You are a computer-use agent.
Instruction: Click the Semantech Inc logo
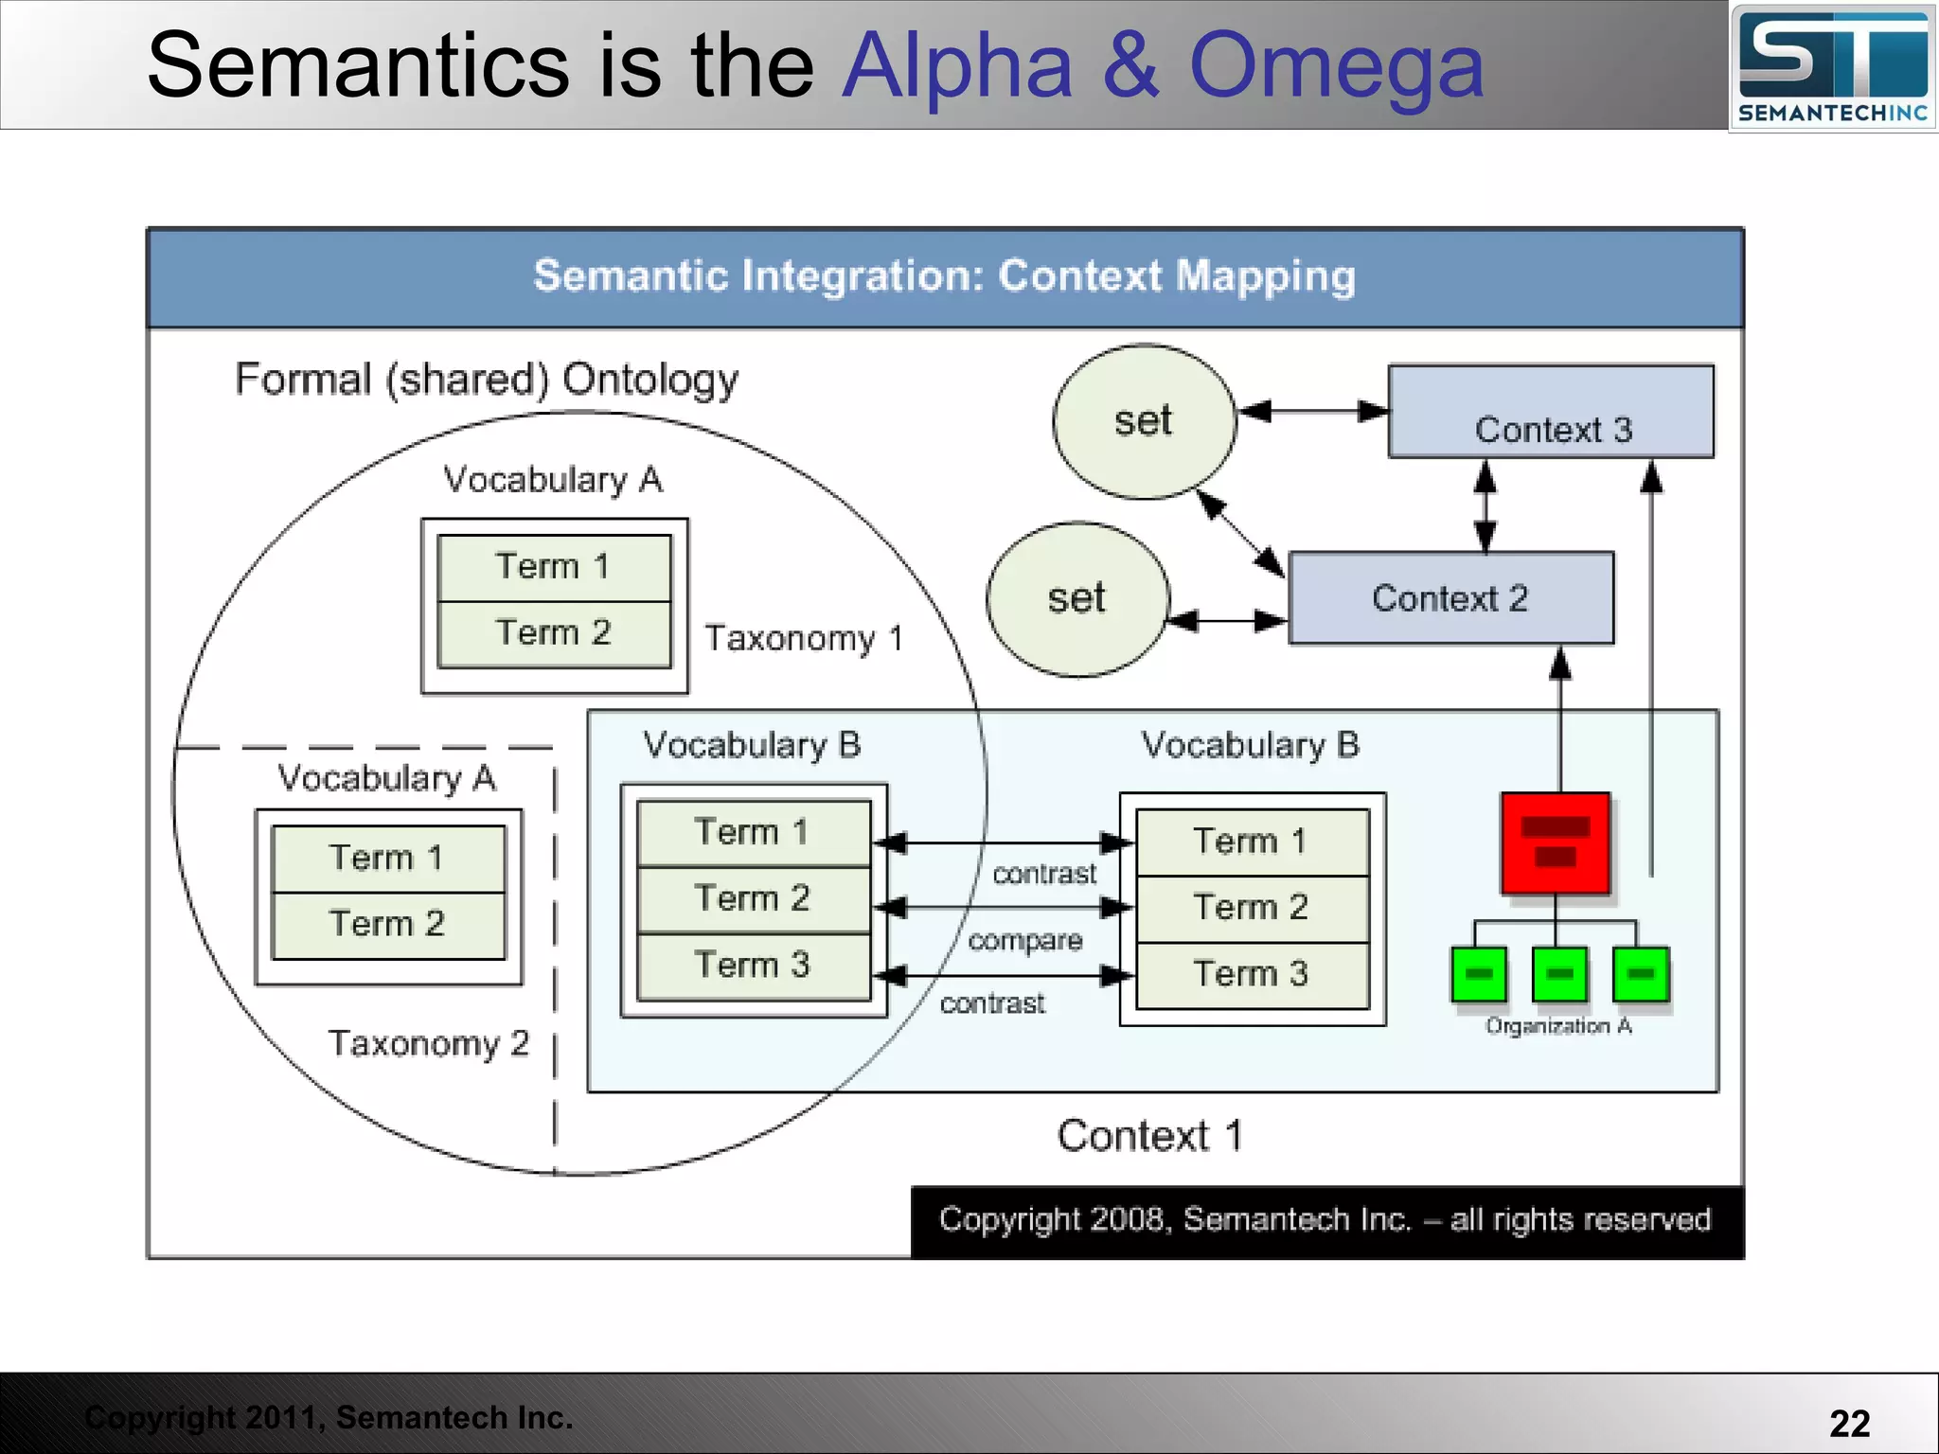pos(1832,66)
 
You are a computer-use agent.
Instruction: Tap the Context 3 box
pos(1550,412)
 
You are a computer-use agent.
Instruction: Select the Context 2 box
pos(1450,598)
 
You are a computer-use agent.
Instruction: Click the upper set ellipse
pos(1144,421)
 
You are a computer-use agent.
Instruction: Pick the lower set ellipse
pos(1077,599)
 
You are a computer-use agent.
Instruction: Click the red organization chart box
pos(1555,842)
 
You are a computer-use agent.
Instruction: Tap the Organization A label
pos(1557,1026)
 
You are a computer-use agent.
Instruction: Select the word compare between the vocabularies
pos(1024,940)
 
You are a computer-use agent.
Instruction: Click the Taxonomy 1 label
pos(804,638)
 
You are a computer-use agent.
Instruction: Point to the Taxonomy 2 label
pos(428,1043)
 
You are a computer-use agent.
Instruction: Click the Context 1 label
pos(1149,1135)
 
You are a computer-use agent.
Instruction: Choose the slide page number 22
pos(1849,1423)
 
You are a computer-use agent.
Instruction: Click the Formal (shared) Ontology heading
pos(486,380)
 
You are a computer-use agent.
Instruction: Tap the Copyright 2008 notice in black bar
pos(1325,1219)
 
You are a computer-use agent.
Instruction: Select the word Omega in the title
pos(1336,65)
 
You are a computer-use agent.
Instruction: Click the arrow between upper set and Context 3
pos(1312,411)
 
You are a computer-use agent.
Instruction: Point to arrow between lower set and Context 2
pos(1227,621)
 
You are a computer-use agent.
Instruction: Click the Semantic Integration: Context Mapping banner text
pos(944,276)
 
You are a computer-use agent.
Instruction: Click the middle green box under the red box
pos(1559,974)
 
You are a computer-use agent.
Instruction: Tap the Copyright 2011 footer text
pos(329,1417)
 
